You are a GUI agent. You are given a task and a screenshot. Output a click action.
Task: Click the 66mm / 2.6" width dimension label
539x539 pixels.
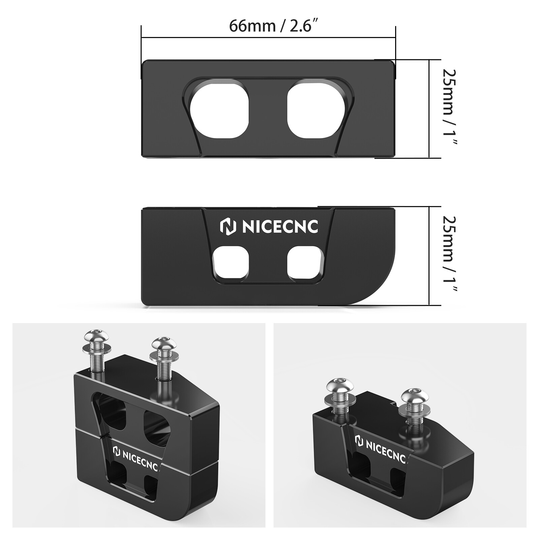tap(274, 26)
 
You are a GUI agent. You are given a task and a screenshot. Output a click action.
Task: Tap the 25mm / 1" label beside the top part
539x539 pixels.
tap(449, 107)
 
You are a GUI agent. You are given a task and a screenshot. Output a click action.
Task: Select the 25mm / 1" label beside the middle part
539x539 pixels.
tap(449, 254)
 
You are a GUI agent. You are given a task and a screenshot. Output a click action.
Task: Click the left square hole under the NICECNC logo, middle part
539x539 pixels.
tap(231, 263)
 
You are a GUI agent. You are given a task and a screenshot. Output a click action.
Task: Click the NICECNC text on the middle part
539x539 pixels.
tap(280, 227)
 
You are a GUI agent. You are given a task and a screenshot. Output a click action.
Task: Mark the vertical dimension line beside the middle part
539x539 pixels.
tap(429, 256)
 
